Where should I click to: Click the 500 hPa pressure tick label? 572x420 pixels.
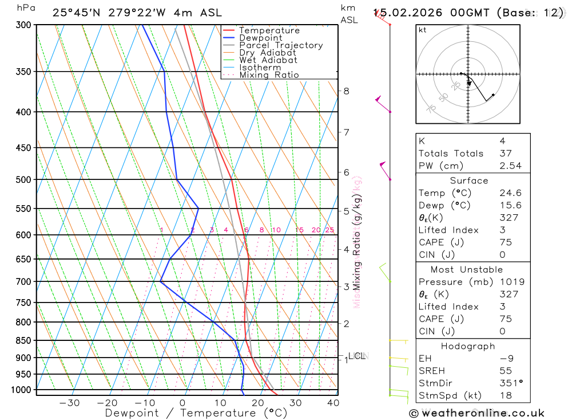[24, 180]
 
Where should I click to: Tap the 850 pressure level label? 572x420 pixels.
[24, 341]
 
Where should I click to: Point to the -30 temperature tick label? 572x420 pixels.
[69, 403]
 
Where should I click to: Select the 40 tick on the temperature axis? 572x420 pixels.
[333, 403]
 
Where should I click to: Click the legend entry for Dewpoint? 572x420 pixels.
[260, 38]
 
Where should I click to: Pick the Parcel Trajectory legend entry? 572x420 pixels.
[281, 45]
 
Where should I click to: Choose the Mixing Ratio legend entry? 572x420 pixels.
[269, 75]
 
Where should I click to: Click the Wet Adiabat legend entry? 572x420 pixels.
[268, 60]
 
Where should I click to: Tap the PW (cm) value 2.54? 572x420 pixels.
[510, 166]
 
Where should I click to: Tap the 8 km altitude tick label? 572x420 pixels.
[347, 91]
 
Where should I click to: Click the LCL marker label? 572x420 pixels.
[357, 356]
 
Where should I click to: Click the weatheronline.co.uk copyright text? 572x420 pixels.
[476, 413]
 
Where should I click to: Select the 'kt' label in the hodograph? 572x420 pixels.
[423, 30]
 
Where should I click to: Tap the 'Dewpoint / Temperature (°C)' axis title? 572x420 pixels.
[196, 413]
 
